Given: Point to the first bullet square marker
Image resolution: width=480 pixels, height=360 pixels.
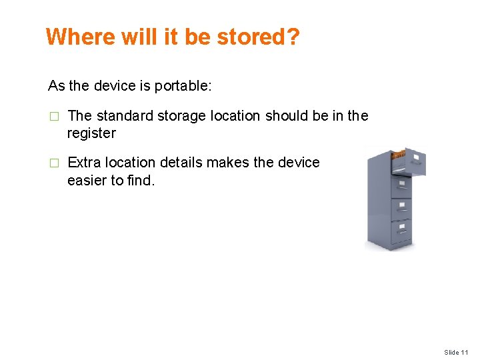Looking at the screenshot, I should (55, 117).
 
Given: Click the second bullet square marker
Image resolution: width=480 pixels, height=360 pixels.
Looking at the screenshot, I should (55, 163).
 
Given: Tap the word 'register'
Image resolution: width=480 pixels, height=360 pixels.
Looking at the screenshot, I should (91, 133).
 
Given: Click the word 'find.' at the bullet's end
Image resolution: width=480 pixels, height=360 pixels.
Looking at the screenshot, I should (140, 180).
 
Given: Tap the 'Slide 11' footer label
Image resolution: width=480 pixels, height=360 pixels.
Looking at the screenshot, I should (457, 352).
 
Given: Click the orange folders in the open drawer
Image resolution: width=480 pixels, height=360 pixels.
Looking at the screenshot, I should (398, 155).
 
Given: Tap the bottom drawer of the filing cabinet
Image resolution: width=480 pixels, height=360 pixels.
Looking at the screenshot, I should (401, 233).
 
